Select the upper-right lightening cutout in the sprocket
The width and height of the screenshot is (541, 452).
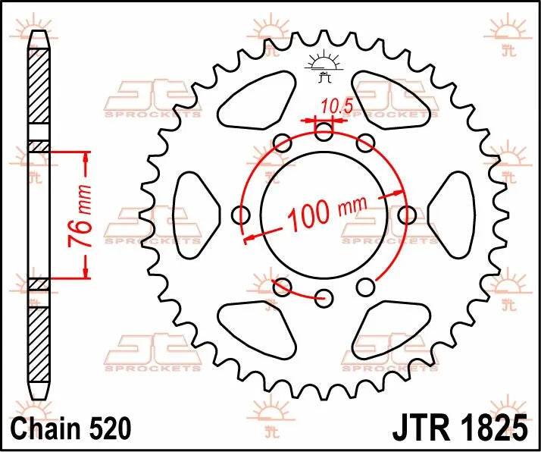tap(392, 97)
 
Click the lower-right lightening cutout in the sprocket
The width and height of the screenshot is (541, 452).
tap(392, 327)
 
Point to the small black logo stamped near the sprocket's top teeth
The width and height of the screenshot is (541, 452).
tap(325, 69)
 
